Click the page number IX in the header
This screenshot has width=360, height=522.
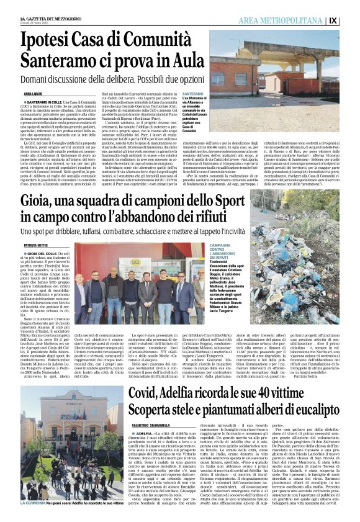click(350, 20)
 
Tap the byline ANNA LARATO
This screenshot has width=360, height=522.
click(33, 93)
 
